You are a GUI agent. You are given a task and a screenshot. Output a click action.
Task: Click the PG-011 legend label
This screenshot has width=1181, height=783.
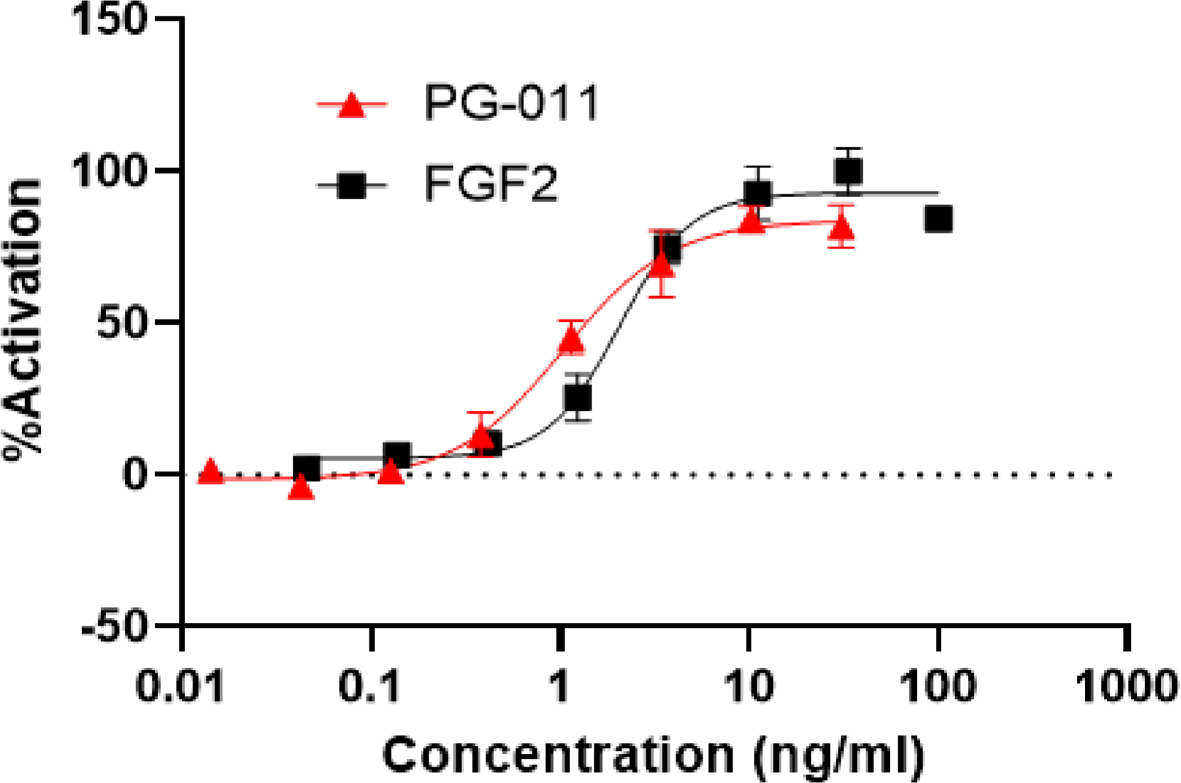click(x=511, y=104)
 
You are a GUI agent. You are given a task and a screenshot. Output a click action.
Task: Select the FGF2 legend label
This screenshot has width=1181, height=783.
click(x=491, y=185)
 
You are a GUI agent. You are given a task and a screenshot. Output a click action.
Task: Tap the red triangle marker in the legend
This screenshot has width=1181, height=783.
click(x=352, y=105)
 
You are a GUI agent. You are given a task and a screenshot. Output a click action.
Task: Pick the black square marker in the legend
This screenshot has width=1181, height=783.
click(x=352, y=186)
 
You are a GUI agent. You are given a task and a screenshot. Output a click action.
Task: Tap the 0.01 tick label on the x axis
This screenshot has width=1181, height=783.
click(x=180, y=687)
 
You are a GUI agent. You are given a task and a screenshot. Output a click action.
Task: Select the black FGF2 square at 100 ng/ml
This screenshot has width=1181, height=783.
click(x=938, y=219)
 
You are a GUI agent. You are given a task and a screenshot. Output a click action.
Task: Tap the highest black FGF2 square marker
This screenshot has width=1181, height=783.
click(x=848, y=172)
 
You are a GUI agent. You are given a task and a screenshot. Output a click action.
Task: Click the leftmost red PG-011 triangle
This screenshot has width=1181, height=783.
click(x=210, y=471)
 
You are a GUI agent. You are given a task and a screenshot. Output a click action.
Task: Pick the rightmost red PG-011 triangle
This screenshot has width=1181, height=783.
click(x=841, y=228)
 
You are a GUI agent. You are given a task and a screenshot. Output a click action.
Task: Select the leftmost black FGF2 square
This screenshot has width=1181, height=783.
click(x=306, y=468)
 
